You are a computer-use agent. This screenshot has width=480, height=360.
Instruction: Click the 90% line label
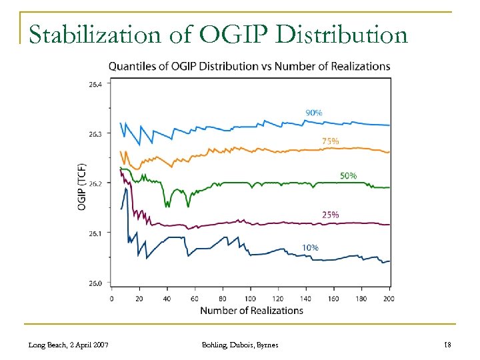pos(313,113)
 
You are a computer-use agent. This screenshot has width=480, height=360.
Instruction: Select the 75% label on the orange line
pos(330,141)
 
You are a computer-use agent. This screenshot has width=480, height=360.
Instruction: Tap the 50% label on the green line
pos(348,175)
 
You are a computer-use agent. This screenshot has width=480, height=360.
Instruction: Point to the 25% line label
pos(330,215)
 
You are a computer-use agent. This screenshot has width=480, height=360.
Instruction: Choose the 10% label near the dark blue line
pos(310,247)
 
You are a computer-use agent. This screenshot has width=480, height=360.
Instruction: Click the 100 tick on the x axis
pos(250,299)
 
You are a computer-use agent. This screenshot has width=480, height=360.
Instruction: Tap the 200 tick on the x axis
pos(389,299)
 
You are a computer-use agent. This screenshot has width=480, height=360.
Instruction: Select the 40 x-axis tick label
pos(167,299)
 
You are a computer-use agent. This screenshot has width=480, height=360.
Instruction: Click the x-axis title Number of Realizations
pos(251,310)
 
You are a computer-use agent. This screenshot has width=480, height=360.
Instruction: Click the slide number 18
pos(447,345)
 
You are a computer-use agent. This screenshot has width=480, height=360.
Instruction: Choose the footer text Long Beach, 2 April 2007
pos(69,345)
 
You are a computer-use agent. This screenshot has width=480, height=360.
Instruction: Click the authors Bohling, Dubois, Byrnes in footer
pos(240,345)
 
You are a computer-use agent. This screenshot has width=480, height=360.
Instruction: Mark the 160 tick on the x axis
pos(333,299)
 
